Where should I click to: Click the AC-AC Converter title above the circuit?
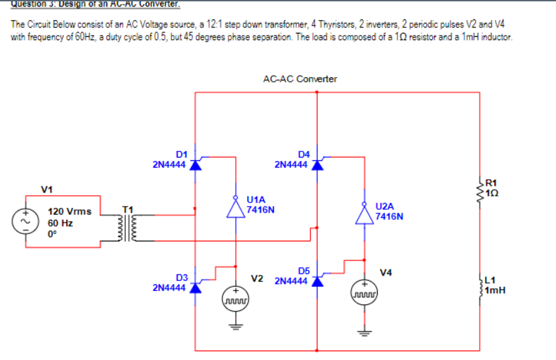click(x=300, y=79)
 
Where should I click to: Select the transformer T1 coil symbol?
click(x=129, y=229)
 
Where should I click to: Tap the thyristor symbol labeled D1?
click(x=195, y=164)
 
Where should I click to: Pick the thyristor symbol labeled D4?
click(x=317, y=164)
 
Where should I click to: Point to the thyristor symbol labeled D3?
click(x=195, y=287)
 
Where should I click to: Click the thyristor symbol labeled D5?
click(x=317, y=280)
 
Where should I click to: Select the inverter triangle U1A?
click(x=235, y=209)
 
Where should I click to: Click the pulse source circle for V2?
click(x=235, y=299)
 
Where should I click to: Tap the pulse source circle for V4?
click(x=364, y=292)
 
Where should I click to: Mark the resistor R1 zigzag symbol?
click(x=480, y=189)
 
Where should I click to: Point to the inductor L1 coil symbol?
click(x=480, y=286)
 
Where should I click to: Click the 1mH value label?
click(x=496, y=291)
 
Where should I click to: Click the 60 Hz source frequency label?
click(x=60, y=223)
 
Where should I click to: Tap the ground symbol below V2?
click(x=235, y=328)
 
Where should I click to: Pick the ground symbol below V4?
click(x=364, y=331)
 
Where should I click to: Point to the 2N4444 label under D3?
click(x=169, y=288)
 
